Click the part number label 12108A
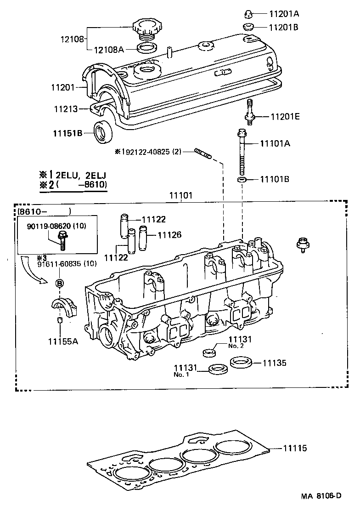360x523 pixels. (x=109, y=50)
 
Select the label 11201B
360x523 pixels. (x=283, y=28)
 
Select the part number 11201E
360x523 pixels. (x=285, y=117)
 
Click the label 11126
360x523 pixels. (x=169, y=235)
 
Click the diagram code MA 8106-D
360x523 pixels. (x=321, y=495)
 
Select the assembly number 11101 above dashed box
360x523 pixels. (x=179, y=196)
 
